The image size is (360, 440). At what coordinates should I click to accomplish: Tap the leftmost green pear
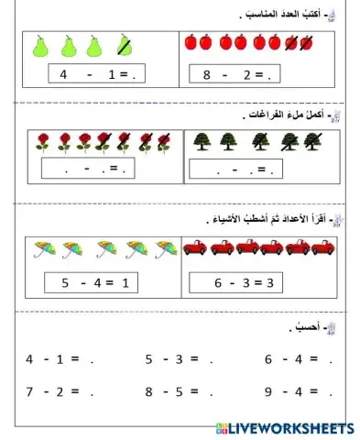pos(39,45)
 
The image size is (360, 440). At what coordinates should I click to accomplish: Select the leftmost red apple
pos(191,42)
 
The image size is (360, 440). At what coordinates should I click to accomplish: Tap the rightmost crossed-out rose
pos(165,141)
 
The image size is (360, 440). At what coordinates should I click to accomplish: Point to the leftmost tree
pos(202,141)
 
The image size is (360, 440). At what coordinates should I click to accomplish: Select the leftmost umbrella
pos(42,247)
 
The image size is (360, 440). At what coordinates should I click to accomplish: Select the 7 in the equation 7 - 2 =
pos(30,391)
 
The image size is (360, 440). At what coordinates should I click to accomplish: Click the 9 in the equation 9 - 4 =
pos(269,391)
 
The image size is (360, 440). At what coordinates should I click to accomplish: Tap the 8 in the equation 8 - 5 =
pos(149,391)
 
